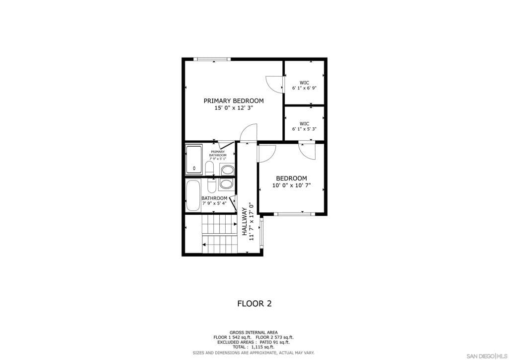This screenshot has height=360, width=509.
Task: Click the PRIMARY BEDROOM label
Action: (234, 101)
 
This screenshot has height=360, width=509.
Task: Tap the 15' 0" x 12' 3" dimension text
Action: (234, 108)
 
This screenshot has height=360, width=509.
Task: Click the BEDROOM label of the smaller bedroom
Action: (291, 179)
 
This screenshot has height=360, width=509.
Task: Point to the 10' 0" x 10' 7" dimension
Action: (291, 185)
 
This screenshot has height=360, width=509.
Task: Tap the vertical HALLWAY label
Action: (245, 222)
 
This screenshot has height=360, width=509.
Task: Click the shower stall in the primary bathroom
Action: (194, 160)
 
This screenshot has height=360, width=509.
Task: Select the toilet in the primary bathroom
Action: (210, 168)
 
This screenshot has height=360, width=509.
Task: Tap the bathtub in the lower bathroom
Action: (193, 195)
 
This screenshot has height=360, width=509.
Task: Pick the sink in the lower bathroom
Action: (226, 184)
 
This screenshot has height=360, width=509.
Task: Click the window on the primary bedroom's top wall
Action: (212, 59)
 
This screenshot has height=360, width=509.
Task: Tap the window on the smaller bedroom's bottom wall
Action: (294, 214)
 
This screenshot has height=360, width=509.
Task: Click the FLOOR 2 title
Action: (254, 303)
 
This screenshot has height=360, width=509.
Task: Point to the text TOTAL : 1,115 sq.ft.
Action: (254, 347)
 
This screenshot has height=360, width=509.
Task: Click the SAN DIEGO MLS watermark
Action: (487, 356)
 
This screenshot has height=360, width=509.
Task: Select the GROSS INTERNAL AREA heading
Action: (254, 332)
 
